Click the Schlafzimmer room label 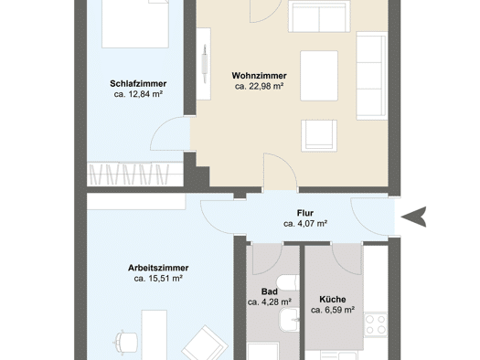pos(138,83)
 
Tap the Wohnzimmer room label pos(259,76)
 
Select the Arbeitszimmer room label pos(158,268)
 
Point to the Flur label pos(305,213)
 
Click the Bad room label pos(270,291)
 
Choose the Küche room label pos(333,299)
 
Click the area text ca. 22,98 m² pos(259,86)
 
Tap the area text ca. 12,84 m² pos(138,94)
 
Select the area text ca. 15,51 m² pos(158,279)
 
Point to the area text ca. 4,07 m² pos(305,224)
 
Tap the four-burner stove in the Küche pos(376,324)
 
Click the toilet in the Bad pos(287,282)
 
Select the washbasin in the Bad pos(289,320)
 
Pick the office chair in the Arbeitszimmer pos(126,342)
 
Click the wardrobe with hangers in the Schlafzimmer pos(135,175)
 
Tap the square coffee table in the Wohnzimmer pos(319,76)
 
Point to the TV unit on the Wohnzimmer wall pos(203,64)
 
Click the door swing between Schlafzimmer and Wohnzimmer pos(170,133)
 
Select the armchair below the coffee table pos(319,136)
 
